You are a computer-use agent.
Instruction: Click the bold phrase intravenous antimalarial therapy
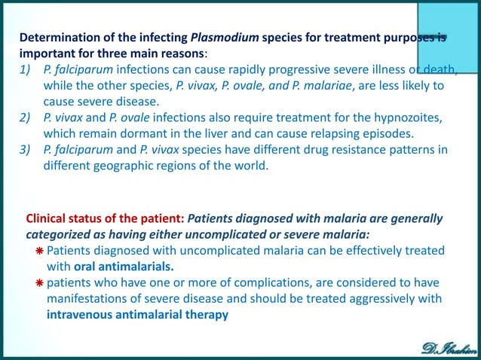136,314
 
